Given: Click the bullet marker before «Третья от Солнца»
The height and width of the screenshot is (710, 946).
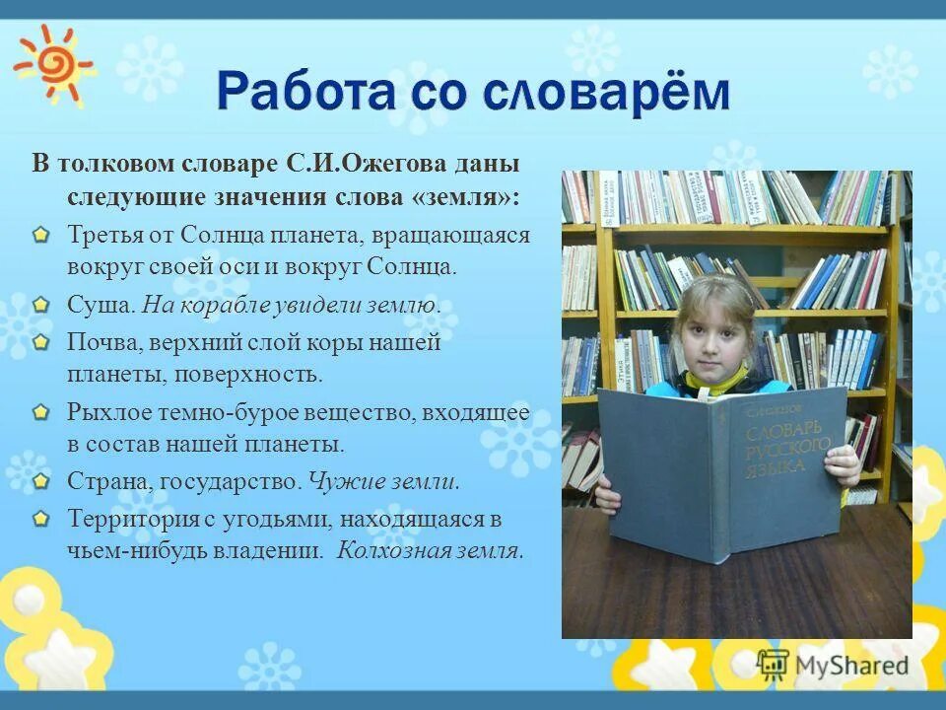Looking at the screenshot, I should point(39,237).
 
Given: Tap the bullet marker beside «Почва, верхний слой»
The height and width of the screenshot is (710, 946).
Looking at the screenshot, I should point(39,343).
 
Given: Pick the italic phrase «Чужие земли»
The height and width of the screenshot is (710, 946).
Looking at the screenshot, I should point(383,482).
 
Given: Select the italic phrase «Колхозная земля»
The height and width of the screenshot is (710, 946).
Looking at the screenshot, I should point(429,550).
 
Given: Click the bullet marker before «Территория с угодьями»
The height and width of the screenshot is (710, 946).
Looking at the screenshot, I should point(39,519).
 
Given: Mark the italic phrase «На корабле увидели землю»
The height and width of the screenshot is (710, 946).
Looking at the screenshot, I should point(290,305).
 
